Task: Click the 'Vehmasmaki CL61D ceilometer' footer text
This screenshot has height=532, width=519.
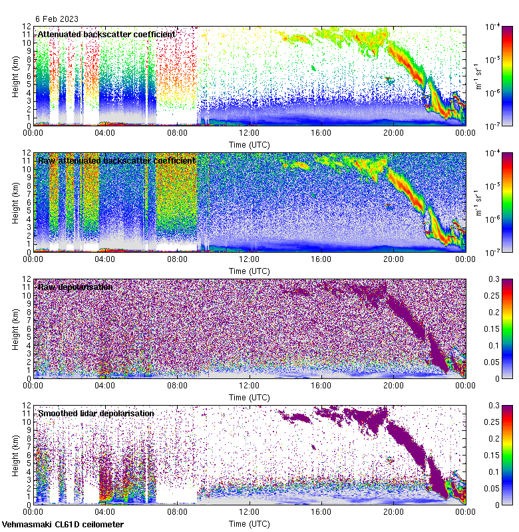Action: pyautogui.click(x=63, y=525)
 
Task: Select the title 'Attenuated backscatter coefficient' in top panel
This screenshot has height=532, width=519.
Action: pyautogui.click(x=106, y=34)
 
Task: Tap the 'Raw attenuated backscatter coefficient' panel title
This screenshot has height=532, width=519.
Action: pyautogui.click(x=116, y=160)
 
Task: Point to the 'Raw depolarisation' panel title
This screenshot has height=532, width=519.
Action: pyautogui.click(x=75, y=287)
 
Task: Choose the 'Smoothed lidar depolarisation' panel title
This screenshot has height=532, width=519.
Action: pyautogui.click(x=96, y=413)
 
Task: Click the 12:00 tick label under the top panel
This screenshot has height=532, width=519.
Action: pyautogui.click(x=250, y=133)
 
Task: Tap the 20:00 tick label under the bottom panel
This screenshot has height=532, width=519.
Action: pyautogui.click(x=393, y=512)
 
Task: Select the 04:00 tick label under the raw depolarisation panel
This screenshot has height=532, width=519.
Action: pyautogui.click(x=106, y=386)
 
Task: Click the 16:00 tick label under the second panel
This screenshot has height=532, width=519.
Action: pyautogui.click(x=321, y=259)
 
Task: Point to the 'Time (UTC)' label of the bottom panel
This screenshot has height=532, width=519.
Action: pyautogui.click(x=250, y=524)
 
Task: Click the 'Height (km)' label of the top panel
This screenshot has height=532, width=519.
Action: pyautogui.click(x=15, y=76)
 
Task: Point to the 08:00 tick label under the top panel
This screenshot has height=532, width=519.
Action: pyautogui.click(x=178, y=133)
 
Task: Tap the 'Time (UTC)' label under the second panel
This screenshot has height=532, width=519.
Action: pyautogui.click(x=250, y=271)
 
